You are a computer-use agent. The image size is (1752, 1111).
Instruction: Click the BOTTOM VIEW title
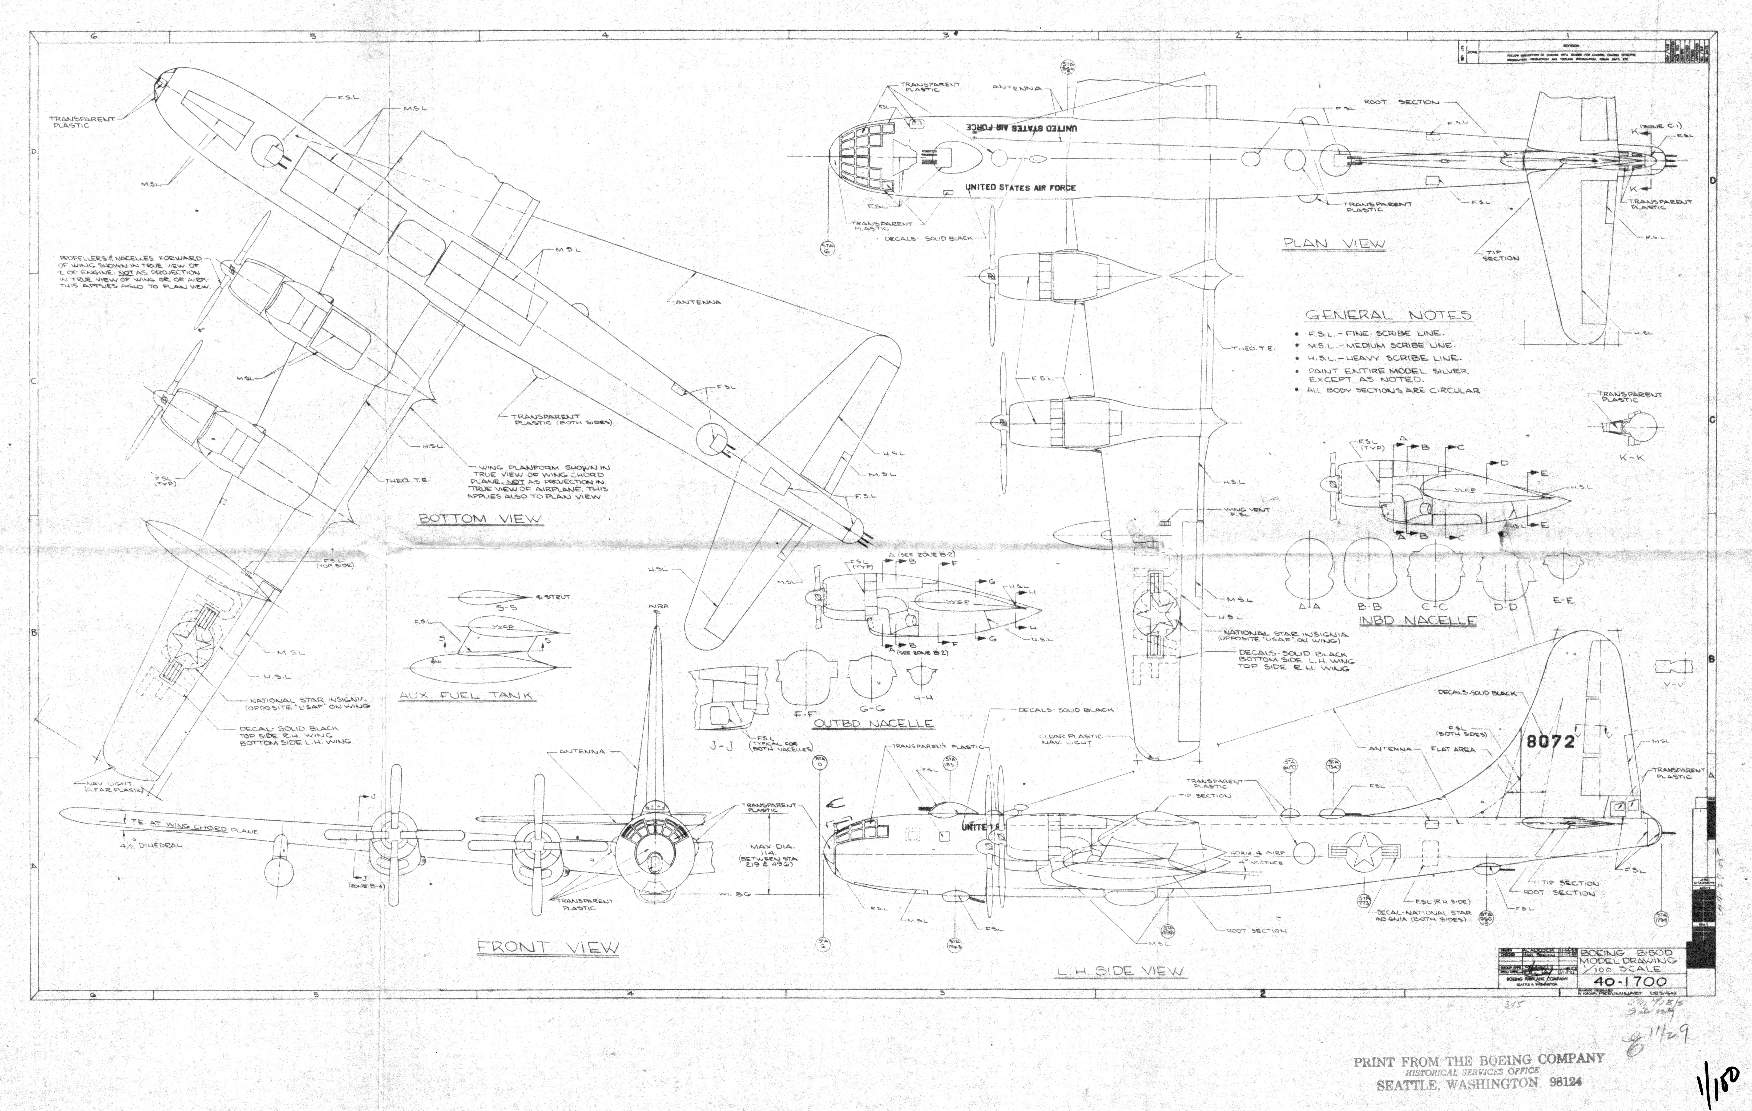point(480,519)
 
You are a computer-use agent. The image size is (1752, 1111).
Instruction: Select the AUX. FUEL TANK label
point(466,696)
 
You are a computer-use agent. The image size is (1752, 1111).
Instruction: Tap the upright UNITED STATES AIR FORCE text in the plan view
point(1020,188)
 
